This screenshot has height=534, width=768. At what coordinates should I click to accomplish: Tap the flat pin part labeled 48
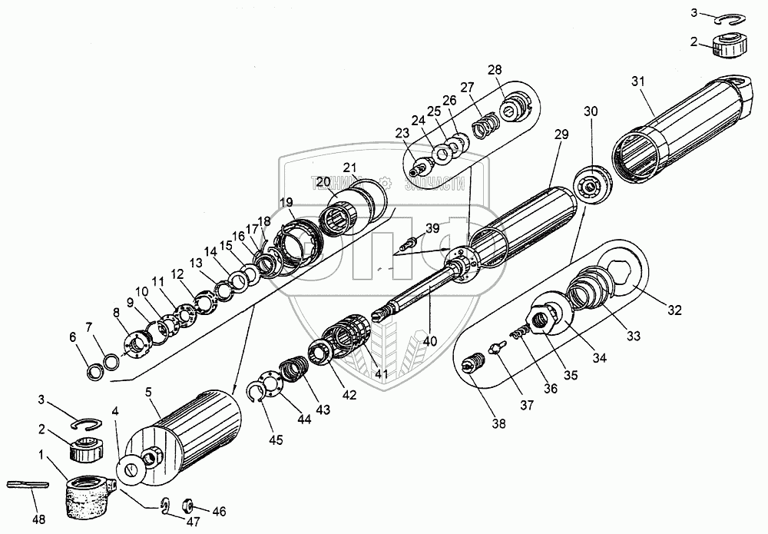point(28,484)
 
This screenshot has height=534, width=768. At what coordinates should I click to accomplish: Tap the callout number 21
point(350,169)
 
